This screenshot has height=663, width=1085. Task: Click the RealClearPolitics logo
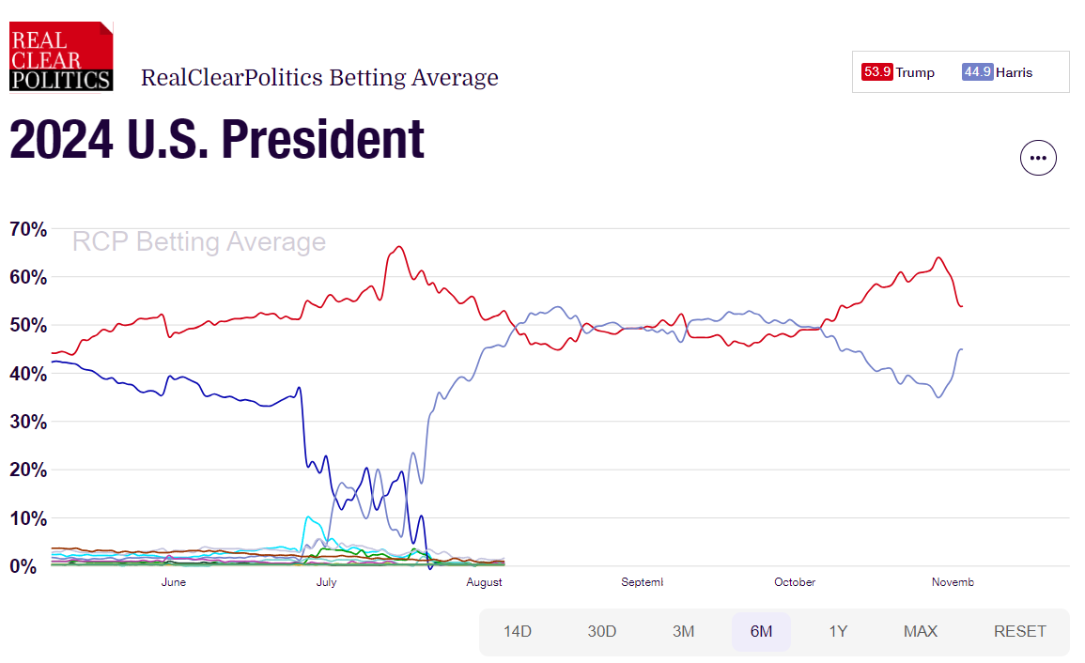pos(61,55)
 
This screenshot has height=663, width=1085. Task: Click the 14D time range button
pos(517,631)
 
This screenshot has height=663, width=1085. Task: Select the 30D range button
pos(601,631)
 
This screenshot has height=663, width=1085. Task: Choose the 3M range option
pos(683,631)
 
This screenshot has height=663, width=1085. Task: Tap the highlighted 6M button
pos(761,631)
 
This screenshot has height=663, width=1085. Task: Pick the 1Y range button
pos(838,631)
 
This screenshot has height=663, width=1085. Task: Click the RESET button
pos(1019,631)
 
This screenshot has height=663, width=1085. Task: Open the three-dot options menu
pos(1038,158)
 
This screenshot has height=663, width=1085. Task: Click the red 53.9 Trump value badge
pos(876,72)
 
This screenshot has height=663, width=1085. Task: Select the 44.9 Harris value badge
pos(977,72)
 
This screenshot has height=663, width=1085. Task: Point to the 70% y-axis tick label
pos(27,229)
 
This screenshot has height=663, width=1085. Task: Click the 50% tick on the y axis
pos(27,326)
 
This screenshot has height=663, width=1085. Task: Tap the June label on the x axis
pos(174,582)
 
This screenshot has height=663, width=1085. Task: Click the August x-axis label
pos(484,582)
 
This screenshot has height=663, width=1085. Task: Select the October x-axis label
pos(795,582)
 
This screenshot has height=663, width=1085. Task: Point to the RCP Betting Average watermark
pos(199,242)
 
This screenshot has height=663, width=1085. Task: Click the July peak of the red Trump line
pos(399,247)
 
